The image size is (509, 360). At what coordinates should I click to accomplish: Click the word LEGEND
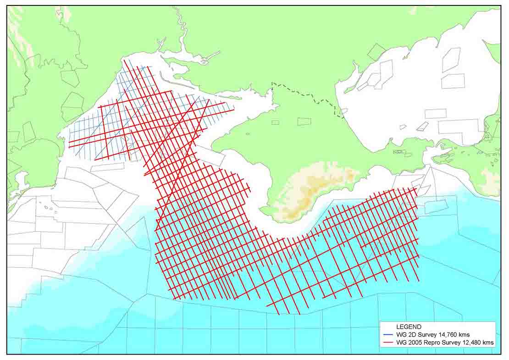tap(408, 327)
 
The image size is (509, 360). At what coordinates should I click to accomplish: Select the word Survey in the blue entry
tap(425, 335)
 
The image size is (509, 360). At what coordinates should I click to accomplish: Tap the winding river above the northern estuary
tap(181, 28)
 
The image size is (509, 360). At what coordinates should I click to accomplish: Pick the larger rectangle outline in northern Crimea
tap(304, 122)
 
